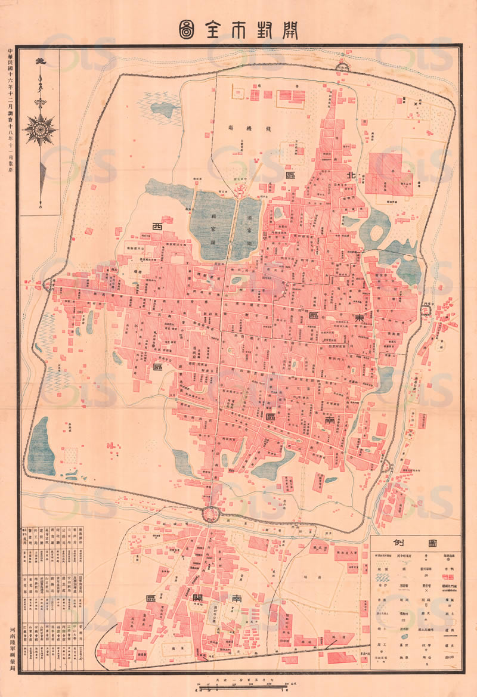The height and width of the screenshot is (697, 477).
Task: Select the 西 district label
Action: coord(158,227)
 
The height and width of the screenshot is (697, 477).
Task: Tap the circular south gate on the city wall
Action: coord(210,513)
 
